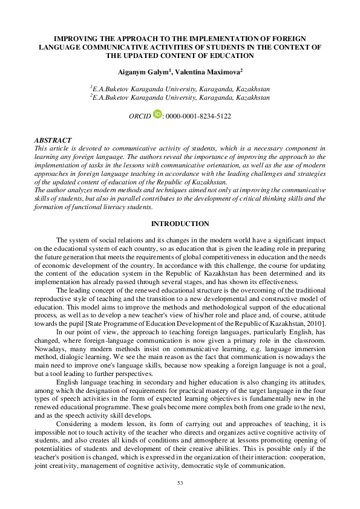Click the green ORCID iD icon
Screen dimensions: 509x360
[x=158, y=113]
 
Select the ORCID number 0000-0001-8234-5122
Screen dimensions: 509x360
[x=198, y=115]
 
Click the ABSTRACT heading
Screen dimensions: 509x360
[x=53, y=140]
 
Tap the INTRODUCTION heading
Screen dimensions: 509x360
[x=180, y=224]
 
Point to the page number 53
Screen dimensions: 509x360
[x=180, y=483]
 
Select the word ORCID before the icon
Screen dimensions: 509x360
[x=140, y=115]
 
